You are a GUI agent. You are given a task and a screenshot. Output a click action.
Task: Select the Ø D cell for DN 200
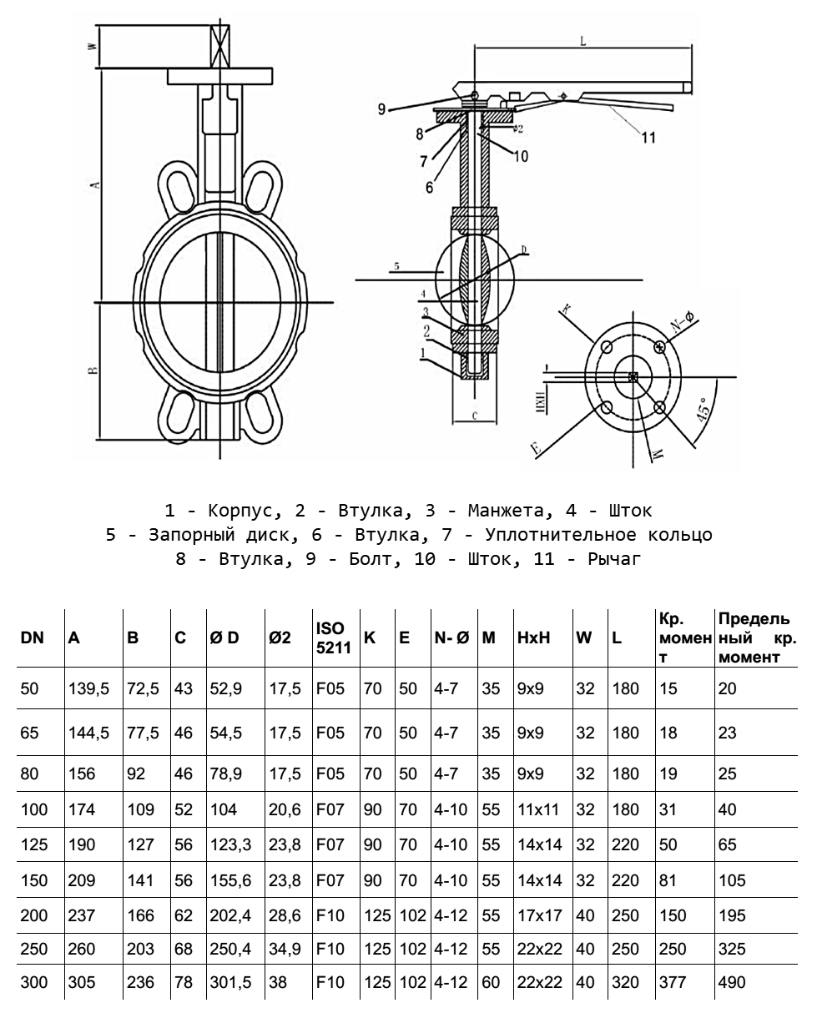226,915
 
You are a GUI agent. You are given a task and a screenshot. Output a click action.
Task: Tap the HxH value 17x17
539,915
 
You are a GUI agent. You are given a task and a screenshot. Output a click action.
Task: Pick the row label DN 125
33,844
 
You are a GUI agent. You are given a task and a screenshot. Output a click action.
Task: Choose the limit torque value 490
731,983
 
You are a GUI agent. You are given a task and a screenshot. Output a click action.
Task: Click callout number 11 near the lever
648,139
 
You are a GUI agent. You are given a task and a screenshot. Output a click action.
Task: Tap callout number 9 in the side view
381,108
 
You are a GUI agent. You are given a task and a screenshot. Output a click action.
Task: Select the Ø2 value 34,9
285,950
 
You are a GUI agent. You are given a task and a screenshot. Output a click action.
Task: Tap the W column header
585,638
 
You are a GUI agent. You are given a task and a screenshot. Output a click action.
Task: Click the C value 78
184,983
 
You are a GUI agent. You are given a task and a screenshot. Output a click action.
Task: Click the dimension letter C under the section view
473,415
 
